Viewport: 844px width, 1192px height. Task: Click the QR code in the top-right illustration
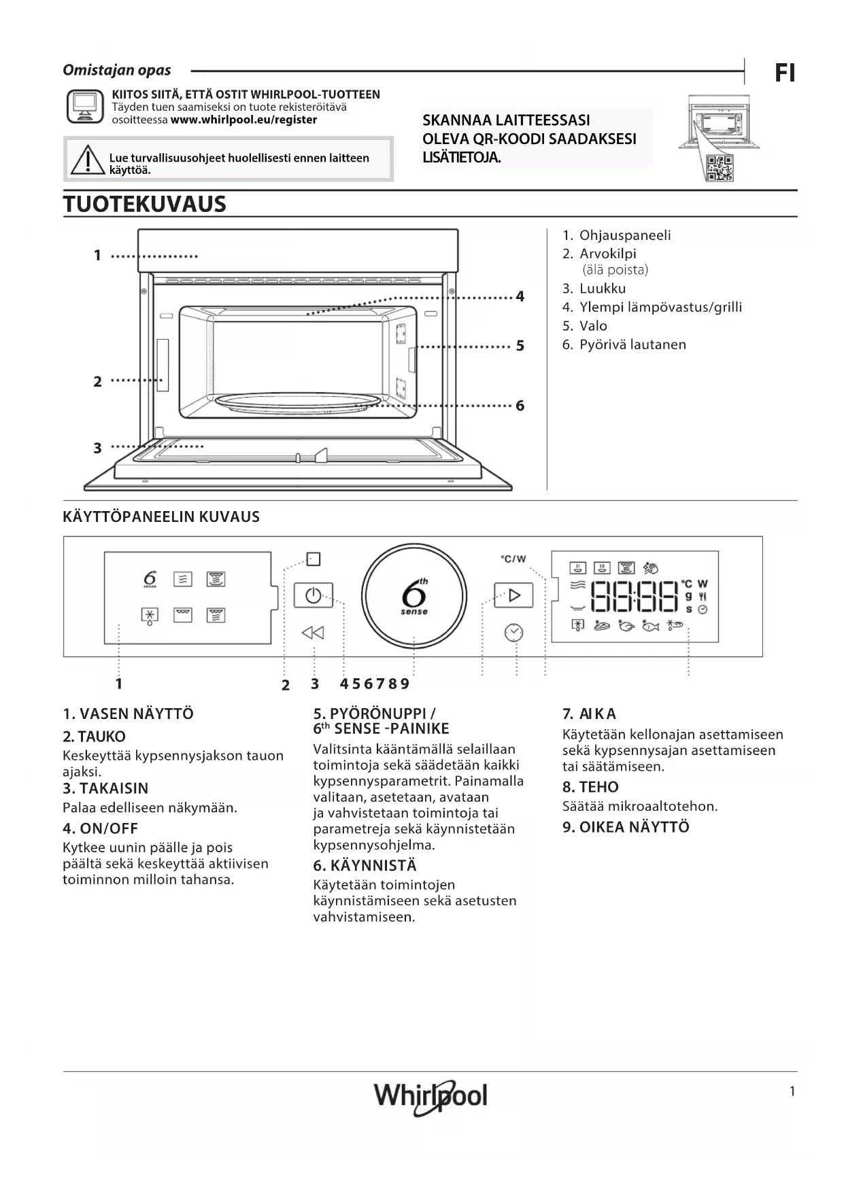click(719, 168)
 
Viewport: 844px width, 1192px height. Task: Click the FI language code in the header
click(785, 73)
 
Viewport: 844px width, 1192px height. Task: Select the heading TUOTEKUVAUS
click(145, 204)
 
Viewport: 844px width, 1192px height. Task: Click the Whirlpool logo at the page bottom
click(431, 1095)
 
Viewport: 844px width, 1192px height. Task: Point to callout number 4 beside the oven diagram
click(520, 296)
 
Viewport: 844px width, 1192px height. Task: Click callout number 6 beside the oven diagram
click(520, 406)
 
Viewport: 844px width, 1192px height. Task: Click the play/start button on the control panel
click(513, 595)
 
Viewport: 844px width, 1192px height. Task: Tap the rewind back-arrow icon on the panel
click(313, 633)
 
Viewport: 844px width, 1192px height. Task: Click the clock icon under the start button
click(513, 633)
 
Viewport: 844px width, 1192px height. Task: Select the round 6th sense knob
click(414, 596)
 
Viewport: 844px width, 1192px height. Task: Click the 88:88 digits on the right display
click(635, 597)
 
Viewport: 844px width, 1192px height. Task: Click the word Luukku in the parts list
click(602, 288)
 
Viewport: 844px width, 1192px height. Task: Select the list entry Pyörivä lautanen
click(632, 345)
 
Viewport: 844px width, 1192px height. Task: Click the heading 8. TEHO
click(590, 787)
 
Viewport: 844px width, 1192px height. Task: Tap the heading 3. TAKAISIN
click(105, 788)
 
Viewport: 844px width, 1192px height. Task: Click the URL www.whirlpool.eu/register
click(243, 120)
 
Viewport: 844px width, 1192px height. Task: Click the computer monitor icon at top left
click(85, 106)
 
